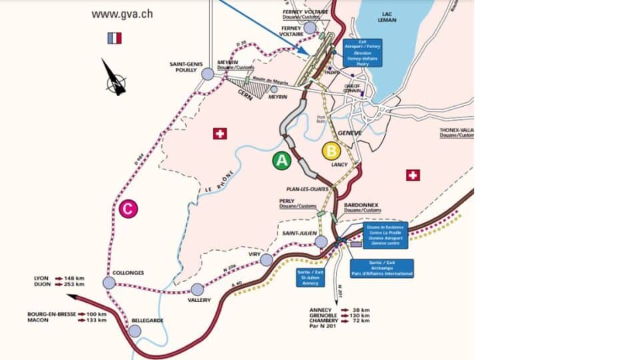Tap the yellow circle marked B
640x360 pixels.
(331, 151)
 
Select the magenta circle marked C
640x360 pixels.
(129, 209)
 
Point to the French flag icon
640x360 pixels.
(114, 38)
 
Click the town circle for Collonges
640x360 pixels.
(109, 283)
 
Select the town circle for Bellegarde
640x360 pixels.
(135, 331)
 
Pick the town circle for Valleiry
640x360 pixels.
(197, 289)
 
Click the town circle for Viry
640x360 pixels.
(267, 259)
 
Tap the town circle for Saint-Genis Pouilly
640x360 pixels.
(207, 74)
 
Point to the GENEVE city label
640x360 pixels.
(349, 133)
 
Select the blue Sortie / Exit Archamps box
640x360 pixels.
(382, 268)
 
